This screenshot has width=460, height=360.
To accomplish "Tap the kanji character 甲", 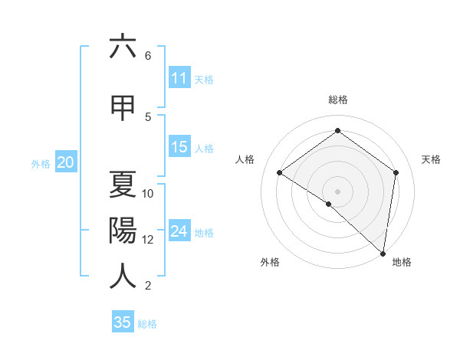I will coord(123,107).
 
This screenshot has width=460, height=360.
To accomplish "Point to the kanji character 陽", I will coord(123,230).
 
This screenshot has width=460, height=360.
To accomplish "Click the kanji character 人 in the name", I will coord(123,276).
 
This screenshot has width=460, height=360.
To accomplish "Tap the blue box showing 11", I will coord(179,77).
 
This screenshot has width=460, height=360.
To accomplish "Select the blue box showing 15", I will coord(179,147).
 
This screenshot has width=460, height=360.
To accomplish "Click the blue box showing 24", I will coord(179,231).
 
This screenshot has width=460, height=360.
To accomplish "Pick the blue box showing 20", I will coord(66,162).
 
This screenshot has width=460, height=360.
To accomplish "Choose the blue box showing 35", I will coord(123,322).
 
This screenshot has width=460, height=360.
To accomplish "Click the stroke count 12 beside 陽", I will coord(148,240).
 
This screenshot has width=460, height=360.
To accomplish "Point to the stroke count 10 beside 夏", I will coord(148,194).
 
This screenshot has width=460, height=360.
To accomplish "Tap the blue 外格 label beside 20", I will coord(41,163).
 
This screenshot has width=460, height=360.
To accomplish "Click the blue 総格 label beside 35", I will coord(147,324).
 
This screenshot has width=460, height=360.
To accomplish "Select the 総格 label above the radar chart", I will coord(338,100).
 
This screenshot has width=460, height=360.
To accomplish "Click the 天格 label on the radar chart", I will coord(431,159).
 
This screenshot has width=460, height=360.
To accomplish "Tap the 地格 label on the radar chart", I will coord(402,262).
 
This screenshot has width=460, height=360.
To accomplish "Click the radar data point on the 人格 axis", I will coord(280,173).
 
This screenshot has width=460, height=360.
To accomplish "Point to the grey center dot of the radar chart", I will coord(337,191).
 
